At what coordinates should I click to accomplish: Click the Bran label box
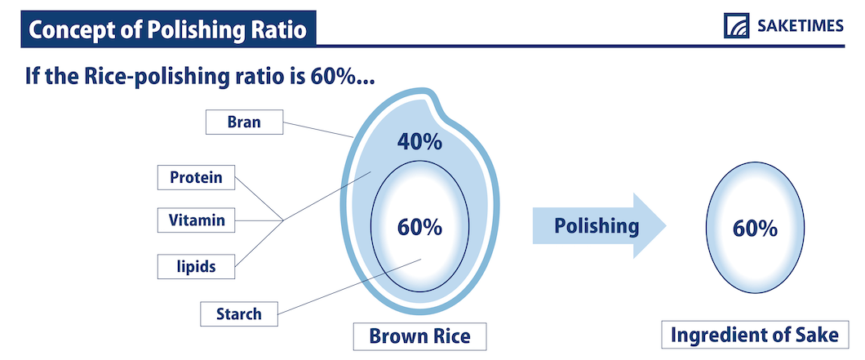pos(244,122)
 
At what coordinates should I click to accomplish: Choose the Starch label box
pos(239,314)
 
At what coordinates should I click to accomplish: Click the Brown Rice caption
pos(419,336)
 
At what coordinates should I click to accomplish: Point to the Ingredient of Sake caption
pos(755,336)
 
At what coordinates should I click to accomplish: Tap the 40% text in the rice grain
pos(419,143)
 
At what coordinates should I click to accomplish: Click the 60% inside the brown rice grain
pos(419,227)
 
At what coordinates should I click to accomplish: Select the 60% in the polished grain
pos(755,229)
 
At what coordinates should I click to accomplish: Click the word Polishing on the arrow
pos(597,226)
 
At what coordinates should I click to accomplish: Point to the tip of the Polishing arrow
pos(667,226)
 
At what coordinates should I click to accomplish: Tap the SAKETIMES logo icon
pos(736,26)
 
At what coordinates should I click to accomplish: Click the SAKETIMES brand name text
pos(801,26)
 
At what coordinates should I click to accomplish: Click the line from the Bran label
pos(317,130)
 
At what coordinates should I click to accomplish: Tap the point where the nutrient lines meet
pos(283,221)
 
